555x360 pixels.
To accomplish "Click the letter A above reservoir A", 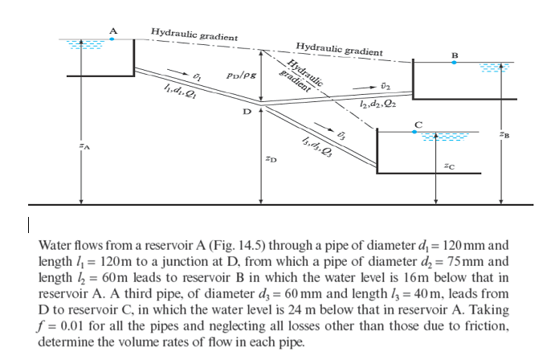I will [113, 31].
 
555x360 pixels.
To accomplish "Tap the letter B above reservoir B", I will [455, 55].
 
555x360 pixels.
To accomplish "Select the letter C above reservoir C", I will [416, 123].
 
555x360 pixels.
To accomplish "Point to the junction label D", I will [247, 112].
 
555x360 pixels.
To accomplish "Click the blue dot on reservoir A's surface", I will [113, 38].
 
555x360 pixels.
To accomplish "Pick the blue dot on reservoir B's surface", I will [455, 62].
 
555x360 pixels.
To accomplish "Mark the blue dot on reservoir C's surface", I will [416, 131].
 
